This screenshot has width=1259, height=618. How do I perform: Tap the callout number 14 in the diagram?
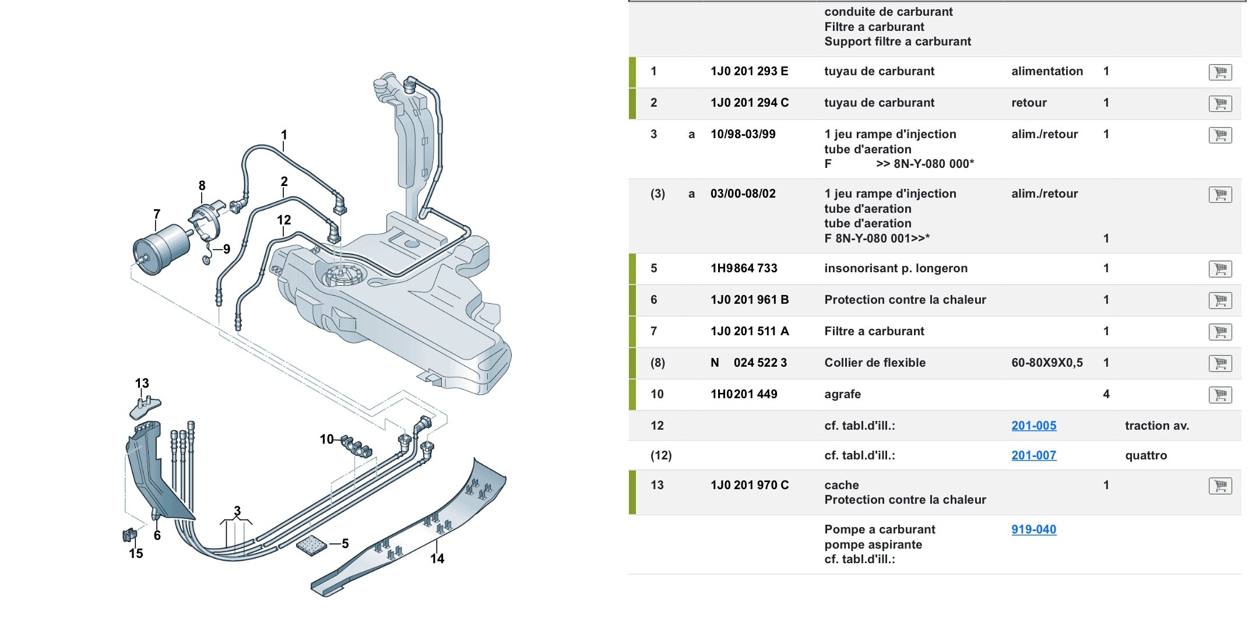tap(437, 559)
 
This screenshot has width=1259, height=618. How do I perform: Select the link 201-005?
tap(1033, 426)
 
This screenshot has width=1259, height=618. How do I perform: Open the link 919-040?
tap(1033, 529)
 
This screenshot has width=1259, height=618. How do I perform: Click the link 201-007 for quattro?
tap(1033, 455)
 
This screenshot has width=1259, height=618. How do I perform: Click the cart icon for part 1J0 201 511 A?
tap(1220, 332)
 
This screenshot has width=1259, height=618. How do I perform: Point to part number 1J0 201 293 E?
tap(749, 71)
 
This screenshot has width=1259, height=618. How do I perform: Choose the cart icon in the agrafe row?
tap(1220, 395)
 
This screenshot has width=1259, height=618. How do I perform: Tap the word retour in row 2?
tap(1029, 103)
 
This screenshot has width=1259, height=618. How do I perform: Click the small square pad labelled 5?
tap(311, 545)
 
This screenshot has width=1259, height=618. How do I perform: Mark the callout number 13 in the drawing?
tap(142, 383)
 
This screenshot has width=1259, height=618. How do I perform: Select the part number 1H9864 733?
tap(744, 268)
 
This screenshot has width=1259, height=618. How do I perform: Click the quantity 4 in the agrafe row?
tap(1106, 394)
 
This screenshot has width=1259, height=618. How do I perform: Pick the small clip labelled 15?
tap(129, 535)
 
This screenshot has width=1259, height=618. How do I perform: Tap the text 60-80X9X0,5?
tap(1047, 363)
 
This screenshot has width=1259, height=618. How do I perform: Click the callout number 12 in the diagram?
tap(284, 220)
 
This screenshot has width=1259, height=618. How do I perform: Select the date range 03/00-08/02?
tap(743, 194)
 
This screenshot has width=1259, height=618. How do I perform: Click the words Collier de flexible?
tap(874, 363)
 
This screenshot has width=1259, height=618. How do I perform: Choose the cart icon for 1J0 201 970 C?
tap(1220, 486)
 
